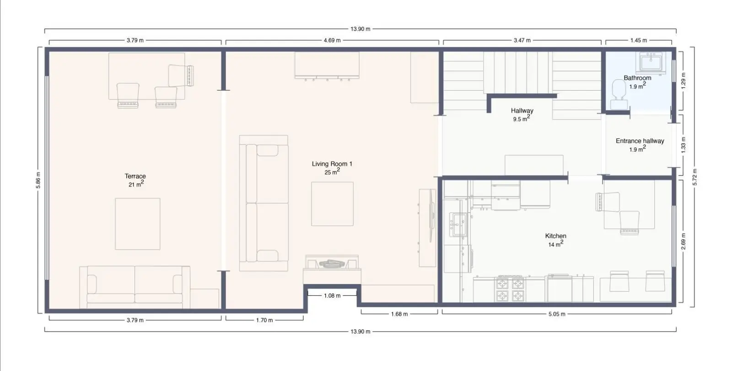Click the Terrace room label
tap(135, 176)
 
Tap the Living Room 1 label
tap(332, 164)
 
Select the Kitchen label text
tap(555, 236)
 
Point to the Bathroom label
tap(637, 78)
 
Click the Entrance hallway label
tap(640, 141)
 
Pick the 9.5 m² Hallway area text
tap(521, 119)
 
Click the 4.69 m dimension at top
tap(332, 41)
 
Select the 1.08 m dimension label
tap(332, 296)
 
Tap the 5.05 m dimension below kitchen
tap(556, 314)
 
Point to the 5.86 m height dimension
tap(38, 180)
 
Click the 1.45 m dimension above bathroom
tap(639, 41)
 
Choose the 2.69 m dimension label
tap(684, 241)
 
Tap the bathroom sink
tap(651, 63)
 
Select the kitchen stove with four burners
tap(510, 289)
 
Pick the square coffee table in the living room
tap(332, 204)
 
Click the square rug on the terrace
tap(138, 224)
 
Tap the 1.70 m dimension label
tap(264, 320)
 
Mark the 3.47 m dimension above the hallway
tap(522, 41)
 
